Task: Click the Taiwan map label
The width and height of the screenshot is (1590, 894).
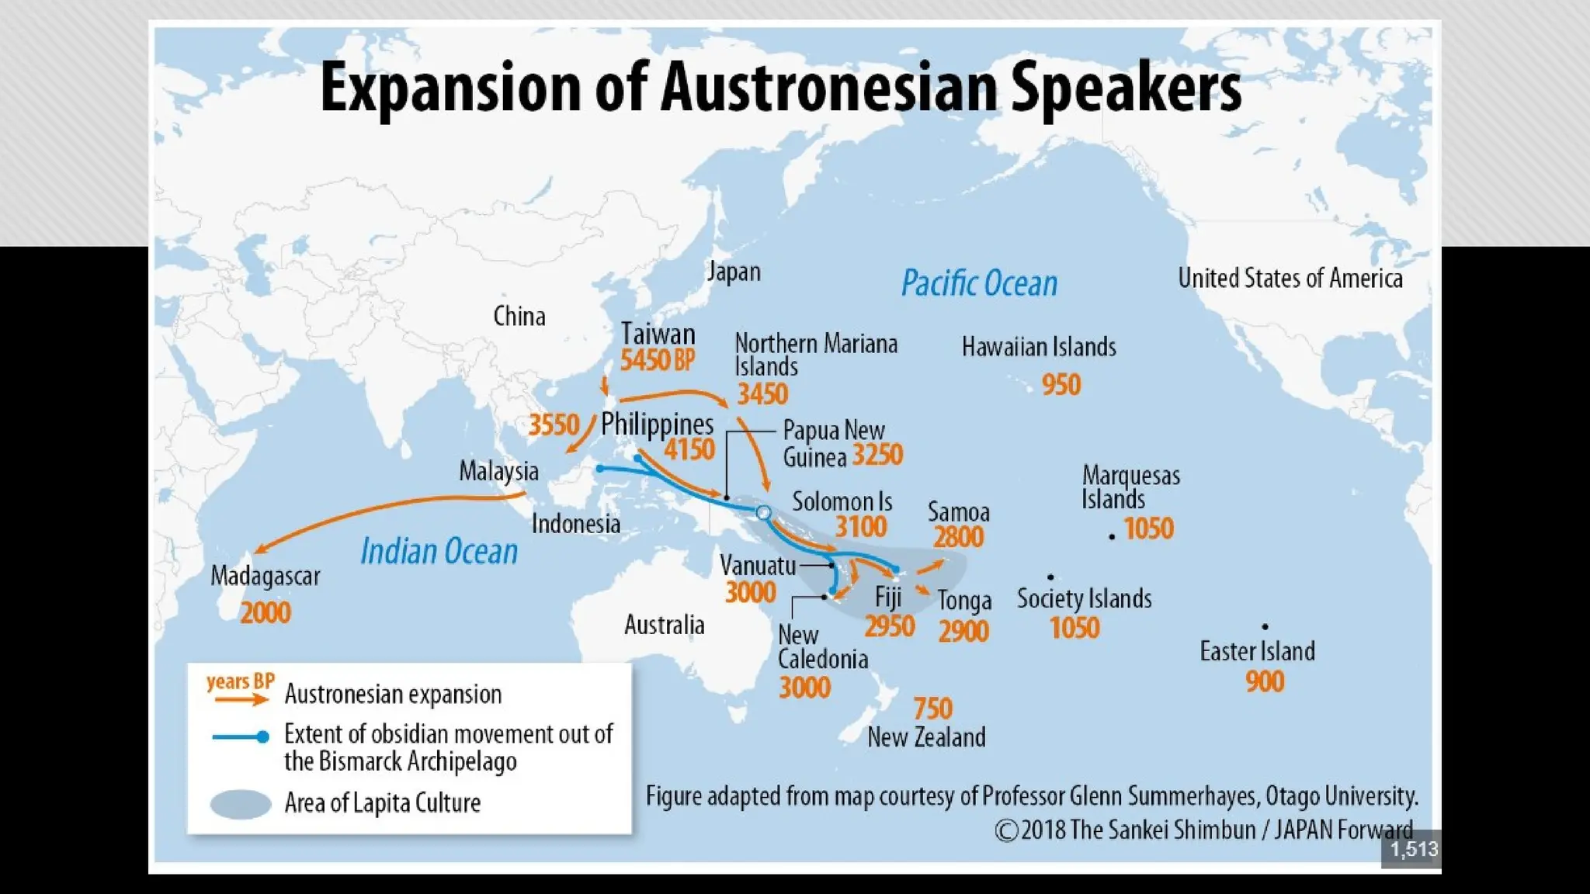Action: pos(658,334)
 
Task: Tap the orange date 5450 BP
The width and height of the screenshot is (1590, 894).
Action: pos(657,360)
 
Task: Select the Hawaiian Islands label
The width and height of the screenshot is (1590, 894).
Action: pos(1039,347)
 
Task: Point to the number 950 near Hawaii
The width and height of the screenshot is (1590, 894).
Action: pos(1061,385)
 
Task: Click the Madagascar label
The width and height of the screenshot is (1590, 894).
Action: pos(266,577)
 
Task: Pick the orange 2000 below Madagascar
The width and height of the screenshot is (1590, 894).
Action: pos(266,613)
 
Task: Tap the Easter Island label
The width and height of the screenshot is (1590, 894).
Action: pos(1257,651)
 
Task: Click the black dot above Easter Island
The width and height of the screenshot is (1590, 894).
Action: pos(1265,626)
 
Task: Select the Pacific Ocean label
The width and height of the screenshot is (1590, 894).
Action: pos(979,283)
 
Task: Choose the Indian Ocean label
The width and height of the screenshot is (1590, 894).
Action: pos(439,552)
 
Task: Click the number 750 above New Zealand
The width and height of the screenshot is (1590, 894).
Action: pos(932,709)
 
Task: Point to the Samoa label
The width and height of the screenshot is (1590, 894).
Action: pos(959,512)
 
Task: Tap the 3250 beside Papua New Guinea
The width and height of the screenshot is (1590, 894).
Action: pos(877,455)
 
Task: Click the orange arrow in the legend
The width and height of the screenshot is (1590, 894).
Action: pos(241,700)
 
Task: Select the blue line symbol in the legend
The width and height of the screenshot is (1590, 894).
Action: pos(241,736)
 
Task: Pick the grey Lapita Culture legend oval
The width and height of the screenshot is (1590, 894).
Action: pos(241,804)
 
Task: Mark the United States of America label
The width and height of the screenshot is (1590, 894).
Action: pos(1290,279)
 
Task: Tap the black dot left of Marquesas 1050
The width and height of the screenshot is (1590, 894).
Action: pos(1112,537)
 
